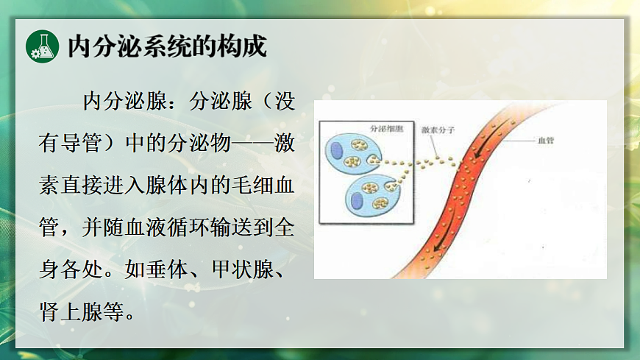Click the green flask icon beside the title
[42, 46]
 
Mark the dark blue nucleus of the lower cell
[358, 200]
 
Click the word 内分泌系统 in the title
[135, 46]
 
